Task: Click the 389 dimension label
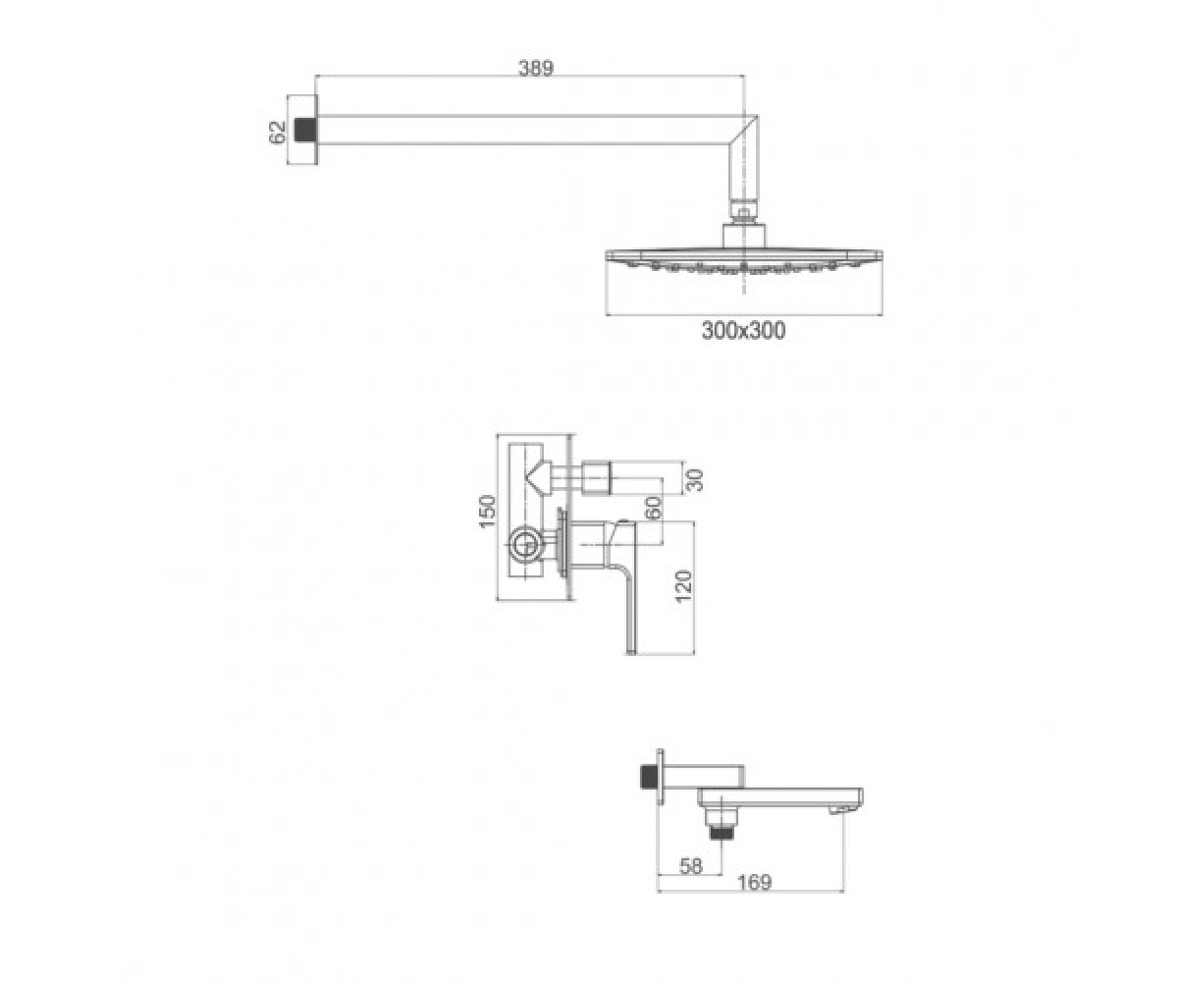[x=536, y=68]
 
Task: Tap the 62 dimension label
[x=278, y=133]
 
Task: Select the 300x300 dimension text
[x=743, y=331]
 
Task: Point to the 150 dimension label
[x=488, y=512]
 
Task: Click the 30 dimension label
[x=696, y=481]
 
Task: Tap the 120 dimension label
[x=683, y=586]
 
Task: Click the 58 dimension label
[x=690, y=866]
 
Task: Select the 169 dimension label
[x=755, y=882]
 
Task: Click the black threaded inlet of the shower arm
[x=305, y=131]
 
